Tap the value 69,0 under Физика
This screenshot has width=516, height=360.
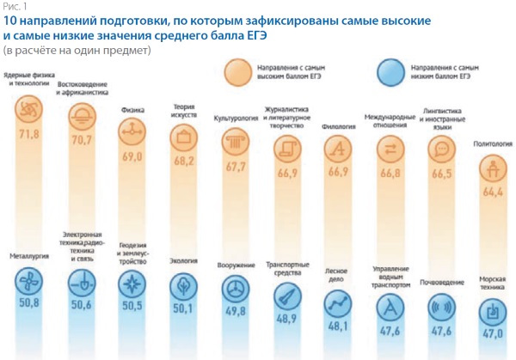(x=132, y=156)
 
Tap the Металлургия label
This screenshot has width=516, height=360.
(x=29, y=254)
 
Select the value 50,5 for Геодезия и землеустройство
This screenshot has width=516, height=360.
(x=132, y=304)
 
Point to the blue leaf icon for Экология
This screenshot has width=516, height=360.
(x=182, y=285)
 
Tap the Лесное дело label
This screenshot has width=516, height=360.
(x=336, y=273)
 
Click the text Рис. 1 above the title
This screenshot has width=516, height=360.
(x=14, y=7)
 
